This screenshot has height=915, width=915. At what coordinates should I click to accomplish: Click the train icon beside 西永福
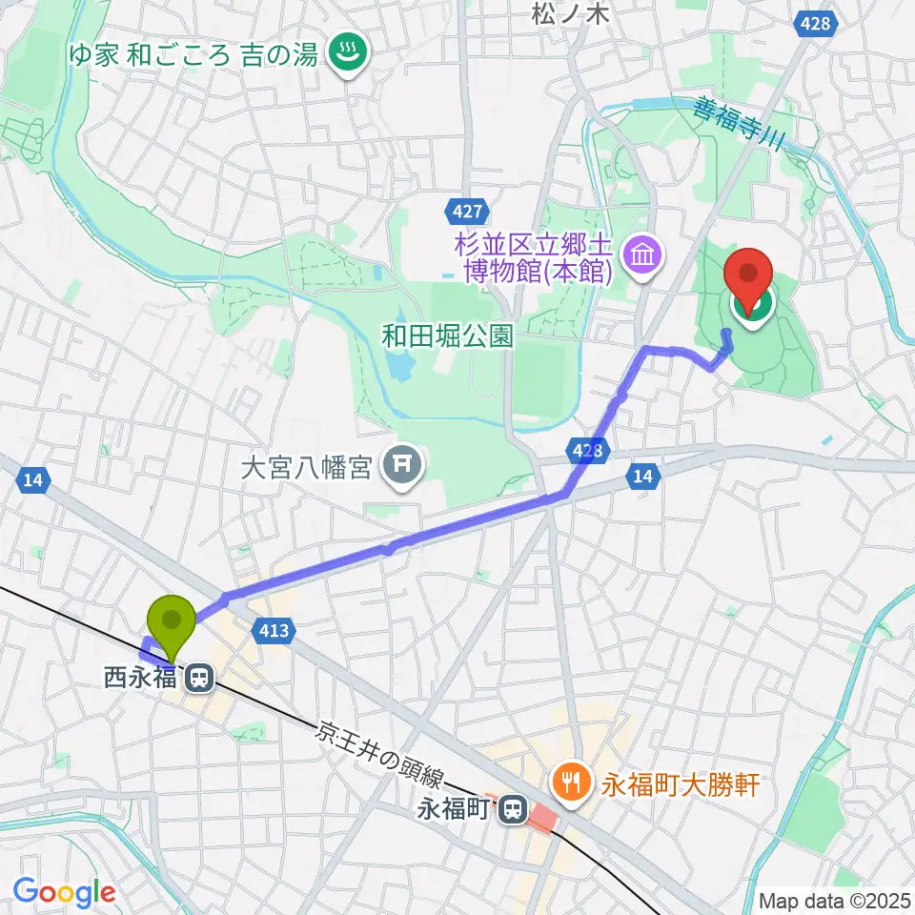pyautogui.click(x=199, y=679)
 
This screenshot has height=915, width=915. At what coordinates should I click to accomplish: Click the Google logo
pyautogui.click(x=64, y=892)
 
